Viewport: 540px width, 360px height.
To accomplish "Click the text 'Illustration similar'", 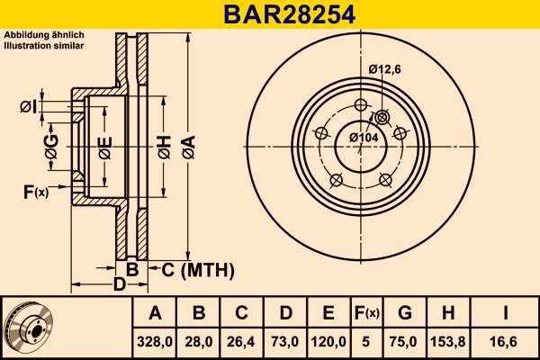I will point(44,44).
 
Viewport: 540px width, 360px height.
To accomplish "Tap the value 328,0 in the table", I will point(155,341).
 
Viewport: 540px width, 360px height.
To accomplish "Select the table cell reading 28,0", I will point(199,341).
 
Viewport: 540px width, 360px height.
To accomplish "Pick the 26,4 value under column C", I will point(242,341).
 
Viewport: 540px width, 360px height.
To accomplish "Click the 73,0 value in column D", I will point(285,341).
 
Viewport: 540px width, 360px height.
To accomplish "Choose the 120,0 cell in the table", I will point(328,341).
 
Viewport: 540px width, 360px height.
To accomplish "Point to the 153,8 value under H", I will point(448,341).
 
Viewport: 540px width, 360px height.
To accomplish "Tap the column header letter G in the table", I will point(405,314).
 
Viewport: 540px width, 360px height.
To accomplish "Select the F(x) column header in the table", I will point(366,314).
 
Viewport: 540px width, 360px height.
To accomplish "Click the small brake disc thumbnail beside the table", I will point(29,328).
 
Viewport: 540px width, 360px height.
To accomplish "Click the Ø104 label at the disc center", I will point(362,137).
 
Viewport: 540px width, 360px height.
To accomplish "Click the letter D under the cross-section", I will point(118,285).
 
